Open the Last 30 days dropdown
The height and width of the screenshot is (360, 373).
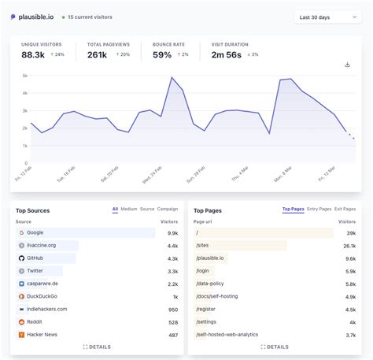coord(327,17)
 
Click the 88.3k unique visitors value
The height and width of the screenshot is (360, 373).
coord(33,55)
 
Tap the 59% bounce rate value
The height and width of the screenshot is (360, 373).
coord(162,55)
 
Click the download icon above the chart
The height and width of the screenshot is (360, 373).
coord(348,65)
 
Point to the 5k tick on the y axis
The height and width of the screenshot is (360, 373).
coord(24,76)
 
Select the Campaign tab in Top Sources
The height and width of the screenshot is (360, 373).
coord(168,210)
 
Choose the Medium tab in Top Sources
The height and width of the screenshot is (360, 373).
coord(128,210)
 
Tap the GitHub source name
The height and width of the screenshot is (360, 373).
coord(35,258)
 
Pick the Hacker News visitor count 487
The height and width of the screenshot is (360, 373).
coord(172,334)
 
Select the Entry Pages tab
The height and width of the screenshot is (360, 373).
coord(319,210)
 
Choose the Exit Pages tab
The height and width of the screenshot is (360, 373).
coord(345,210)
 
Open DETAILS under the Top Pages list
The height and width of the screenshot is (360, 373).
coord(274,347)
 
